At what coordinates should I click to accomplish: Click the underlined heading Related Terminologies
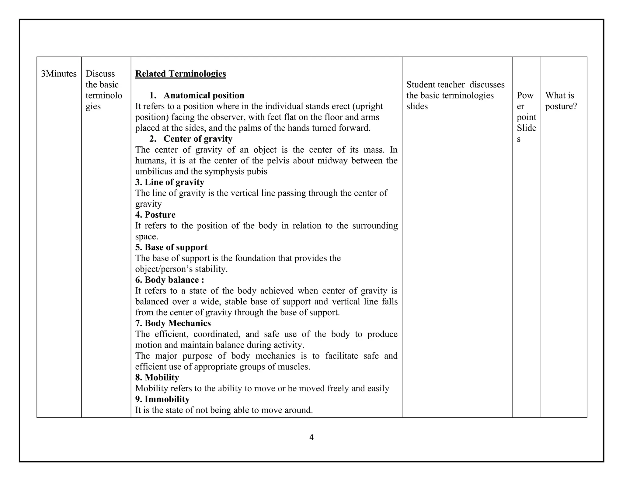180,74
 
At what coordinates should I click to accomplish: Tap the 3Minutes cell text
59,74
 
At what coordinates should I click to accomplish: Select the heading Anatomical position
204,95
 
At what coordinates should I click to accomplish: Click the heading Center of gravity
198,139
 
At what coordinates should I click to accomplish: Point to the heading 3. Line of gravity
169,182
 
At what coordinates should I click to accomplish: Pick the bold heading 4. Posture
155,215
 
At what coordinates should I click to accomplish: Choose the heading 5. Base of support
171,247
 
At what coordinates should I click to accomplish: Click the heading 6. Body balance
169,280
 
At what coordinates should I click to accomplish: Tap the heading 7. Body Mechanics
173,323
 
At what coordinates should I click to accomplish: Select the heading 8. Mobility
157,377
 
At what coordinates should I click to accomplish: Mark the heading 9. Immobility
162,399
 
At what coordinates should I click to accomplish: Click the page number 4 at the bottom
311,438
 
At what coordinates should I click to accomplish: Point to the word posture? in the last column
561,106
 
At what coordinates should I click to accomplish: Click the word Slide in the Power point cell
526,128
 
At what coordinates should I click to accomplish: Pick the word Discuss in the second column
100,74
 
